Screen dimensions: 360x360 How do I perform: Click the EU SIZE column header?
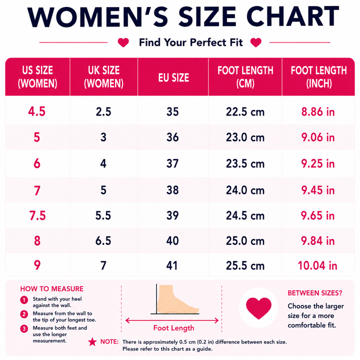173,77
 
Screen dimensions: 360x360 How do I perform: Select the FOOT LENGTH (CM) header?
245,76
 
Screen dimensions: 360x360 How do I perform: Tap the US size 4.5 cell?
36,111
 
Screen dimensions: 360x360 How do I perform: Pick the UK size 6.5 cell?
103,240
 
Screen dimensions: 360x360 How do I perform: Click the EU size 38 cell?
172,190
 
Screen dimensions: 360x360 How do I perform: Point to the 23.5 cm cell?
245,163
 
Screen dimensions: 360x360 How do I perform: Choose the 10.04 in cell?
317,265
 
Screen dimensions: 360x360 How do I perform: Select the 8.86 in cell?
318,111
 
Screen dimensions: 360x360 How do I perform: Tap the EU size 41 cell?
172,265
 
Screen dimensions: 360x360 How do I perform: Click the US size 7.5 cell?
37,215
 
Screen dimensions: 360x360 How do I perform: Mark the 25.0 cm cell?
245,241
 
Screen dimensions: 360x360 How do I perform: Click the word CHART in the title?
292,16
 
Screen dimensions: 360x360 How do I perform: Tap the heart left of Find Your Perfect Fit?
123,42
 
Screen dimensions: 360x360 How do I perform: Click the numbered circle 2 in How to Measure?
24,314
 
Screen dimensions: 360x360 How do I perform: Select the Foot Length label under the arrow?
174,328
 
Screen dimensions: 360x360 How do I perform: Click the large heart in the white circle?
259,308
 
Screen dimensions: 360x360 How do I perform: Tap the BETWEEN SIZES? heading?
315,293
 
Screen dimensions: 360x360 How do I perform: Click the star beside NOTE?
92,342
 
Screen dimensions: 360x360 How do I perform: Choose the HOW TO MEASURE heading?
51,288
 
